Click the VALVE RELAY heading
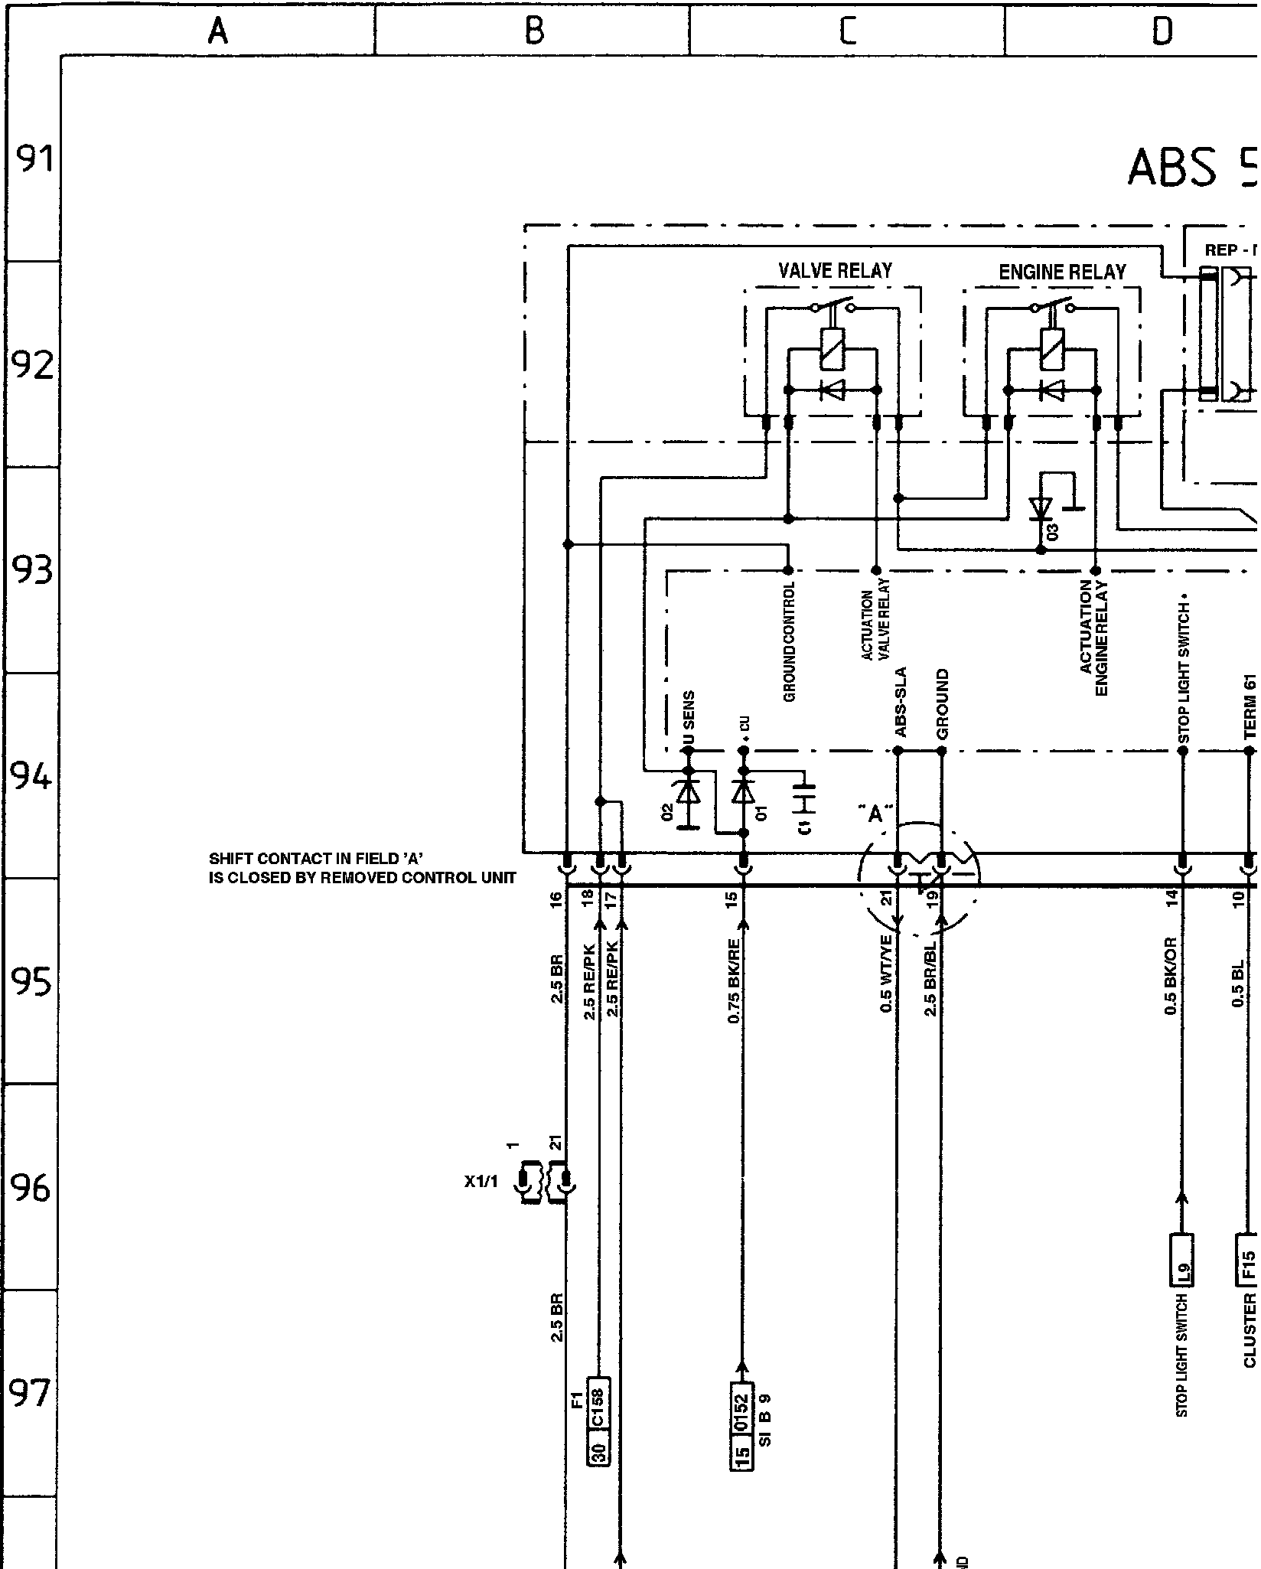[x=835, y=271]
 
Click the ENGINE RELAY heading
[x=1062, y=272]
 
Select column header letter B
[x=534, y=31]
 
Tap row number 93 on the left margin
[x=33, y=569]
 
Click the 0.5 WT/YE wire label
[x=887, y=974]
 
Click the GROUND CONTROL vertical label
[x=790, y=641]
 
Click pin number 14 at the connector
[x=1171, y=898]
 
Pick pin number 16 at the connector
[x=556, y=898]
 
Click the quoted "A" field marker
[x=876, y=814]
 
